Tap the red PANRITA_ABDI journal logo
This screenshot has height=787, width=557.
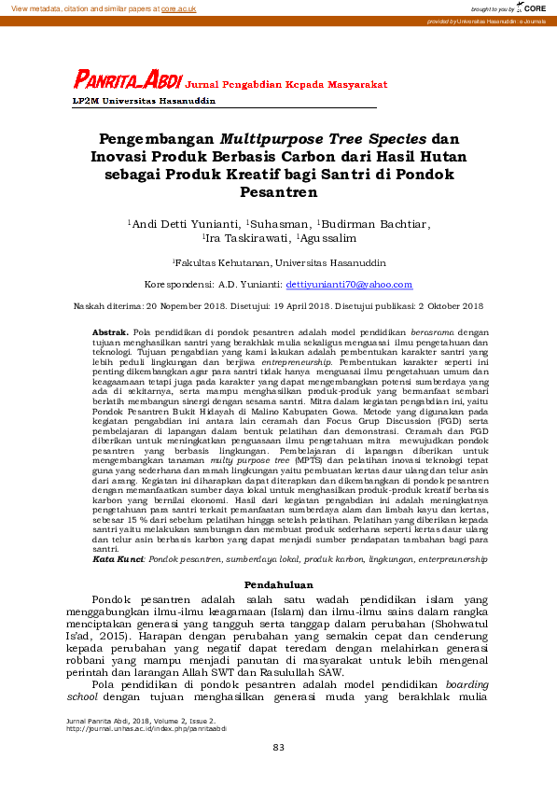129,82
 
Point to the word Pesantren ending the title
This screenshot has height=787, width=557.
278,193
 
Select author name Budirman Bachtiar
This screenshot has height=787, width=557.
376,224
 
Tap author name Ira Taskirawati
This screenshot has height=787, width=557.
246,239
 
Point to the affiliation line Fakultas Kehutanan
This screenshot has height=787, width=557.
279,263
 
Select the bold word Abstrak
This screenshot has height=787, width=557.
110,332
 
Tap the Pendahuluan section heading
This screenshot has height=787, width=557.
278,584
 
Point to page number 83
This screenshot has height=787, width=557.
278,748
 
